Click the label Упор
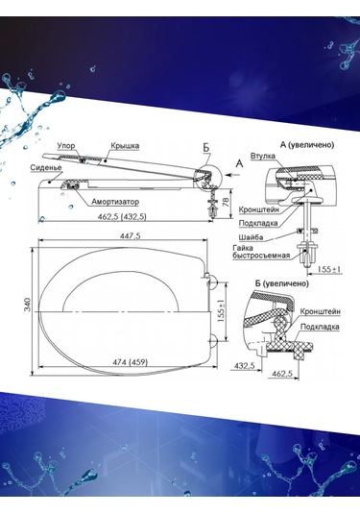[x=66, y=146]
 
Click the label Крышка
[x=125, y=145]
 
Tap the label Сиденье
[x=46, y=167]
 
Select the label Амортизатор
[x=115, y=202]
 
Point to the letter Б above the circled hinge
[x=206, y=148]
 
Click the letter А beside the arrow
[x=239, y=163]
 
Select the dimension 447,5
[x=131, y=235]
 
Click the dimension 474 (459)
[x=130, y=362]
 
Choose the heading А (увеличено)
[x=307, y=145]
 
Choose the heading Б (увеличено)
[x=281, y=283]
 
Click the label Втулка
[x=263, y=156]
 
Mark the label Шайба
[x=251, y=237]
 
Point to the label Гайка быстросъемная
[x=261, y=252]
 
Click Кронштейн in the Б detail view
[x=320, y=311]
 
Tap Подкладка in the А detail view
[x=258, y=223]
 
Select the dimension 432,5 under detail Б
[x=245, y=366]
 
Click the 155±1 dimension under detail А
[x=329, y=269]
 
